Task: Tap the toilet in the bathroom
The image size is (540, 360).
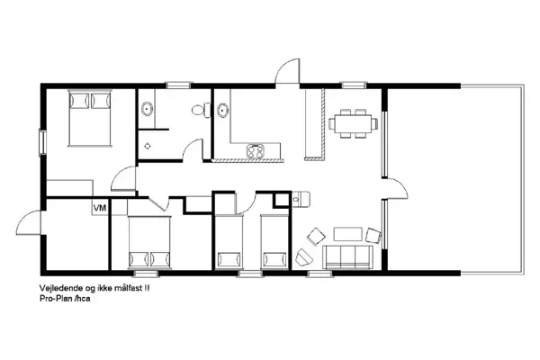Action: click(x=205, y=112)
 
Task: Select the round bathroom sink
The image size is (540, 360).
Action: click(x=147, y=111)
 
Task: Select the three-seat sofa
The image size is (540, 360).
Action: click(x=348, y=257)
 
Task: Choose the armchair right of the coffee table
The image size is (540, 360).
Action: click(x=373, y=237)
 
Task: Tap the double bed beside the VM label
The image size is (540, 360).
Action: click(x=148, y=244)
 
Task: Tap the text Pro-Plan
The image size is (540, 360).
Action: click(x=57, y=300)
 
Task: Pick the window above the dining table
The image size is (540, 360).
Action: click(x=352, y=85)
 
